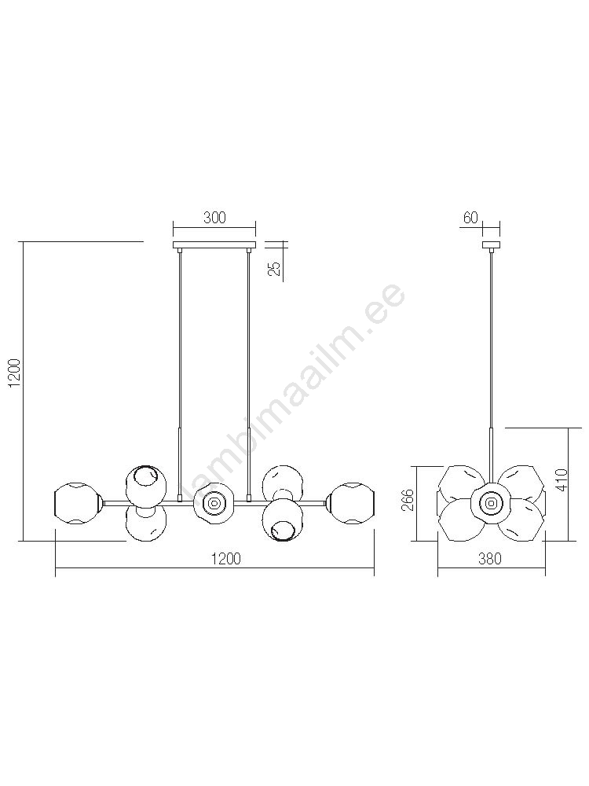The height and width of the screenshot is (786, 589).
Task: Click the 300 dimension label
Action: (215, 218)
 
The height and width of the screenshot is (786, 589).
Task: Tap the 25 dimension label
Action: (274, 269)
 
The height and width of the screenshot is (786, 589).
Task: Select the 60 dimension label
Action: (470, 218)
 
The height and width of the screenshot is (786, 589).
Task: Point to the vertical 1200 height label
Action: (16, 373)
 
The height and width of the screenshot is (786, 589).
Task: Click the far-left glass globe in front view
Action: (78, 503)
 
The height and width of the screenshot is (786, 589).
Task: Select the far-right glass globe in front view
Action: (351, 503)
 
